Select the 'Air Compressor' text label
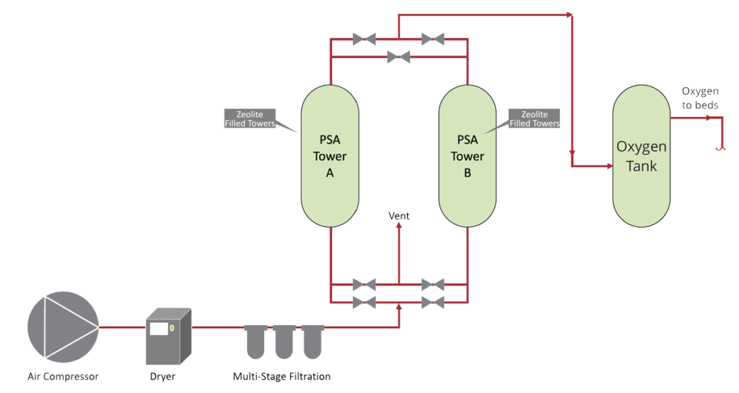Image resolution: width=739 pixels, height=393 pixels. tap(63, 376)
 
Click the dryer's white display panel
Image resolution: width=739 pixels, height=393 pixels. tap(159, 329)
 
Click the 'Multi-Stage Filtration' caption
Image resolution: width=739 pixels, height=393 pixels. tap(282, 376)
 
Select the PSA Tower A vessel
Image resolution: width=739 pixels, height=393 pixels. tap(330, 155)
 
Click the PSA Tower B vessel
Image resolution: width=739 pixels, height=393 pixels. tap(467, 155)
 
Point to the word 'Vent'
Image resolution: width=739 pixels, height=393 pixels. tap(399, 215)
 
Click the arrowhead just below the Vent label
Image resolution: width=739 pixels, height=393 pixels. tap(399, 226)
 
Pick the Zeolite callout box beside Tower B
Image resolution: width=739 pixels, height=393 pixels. tap(534, 119)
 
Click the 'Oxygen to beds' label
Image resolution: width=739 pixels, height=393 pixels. tap(700, 98)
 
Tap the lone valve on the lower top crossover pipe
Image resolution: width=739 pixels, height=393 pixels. tap(398, 55)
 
